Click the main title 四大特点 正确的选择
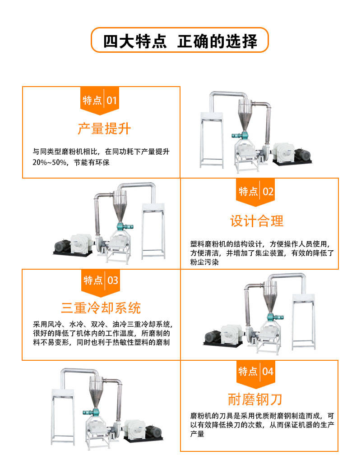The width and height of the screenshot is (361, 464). pyautogui.click(x=180, y=41)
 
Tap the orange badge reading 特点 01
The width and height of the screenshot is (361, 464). pyautogui.click(x=100, y=100)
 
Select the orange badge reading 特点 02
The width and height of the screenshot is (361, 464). pyautogui.click(x=255, y=192)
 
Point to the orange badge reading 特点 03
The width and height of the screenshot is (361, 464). pyautogui.click(x=100, y=280)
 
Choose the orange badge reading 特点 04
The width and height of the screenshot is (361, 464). pyautogui.click(x=255, y=372)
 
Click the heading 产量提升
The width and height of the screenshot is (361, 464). pyautogui.click(x=104, y=129)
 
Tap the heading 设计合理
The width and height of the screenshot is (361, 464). pyautogui.click(x=257, y=221)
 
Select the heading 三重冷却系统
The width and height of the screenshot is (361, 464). pyautogui.click(x=101, y=308)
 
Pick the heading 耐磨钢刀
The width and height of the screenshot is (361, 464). pyautogui.click(x=255, y=400)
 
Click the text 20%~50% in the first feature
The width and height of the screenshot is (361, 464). pyautogui.click(x=50, y=162)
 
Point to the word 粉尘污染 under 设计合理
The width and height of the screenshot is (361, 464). pyautogui.click(x=204, y=262)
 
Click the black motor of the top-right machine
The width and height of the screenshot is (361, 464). pyautogui.click(x=302, y=154)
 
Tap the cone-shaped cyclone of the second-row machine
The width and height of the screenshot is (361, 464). pyautogui.click(x=120, y=207)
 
